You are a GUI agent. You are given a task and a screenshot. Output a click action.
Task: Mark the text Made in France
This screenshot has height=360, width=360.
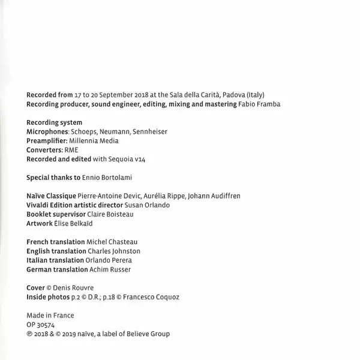coord(50,316)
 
